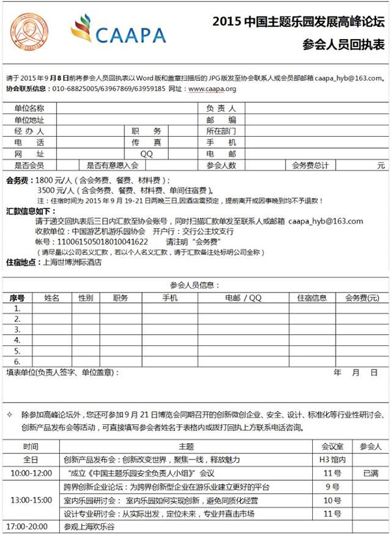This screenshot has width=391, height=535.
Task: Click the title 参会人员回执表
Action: tap(343, 44)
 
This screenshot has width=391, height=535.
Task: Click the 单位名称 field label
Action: tap(29, 108)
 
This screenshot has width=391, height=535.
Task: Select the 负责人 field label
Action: tap(221, 108)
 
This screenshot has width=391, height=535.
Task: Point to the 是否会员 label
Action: tap(29, 166)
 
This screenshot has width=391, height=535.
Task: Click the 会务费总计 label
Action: tap(310, 166)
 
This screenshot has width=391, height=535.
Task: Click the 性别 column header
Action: tap(85, 297)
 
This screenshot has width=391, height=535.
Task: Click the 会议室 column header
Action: tap(332, 446)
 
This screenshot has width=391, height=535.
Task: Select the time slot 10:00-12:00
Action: tap(30, 472)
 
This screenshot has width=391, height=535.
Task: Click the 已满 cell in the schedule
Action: tap(370, 472)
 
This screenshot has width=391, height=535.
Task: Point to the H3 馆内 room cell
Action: tap(332, 459)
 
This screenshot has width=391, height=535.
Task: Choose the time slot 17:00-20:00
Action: tap(30, 525)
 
